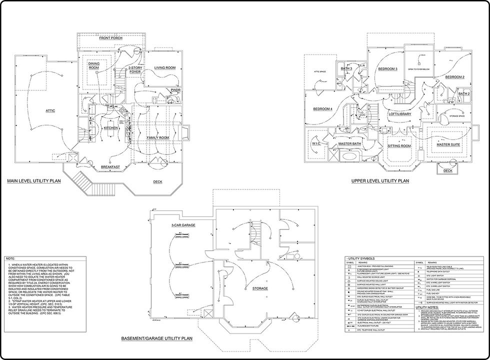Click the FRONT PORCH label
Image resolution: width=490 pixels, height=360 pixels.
coord(111,38)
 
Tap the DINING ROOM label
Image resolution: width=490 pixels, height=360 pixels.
coord(94,66)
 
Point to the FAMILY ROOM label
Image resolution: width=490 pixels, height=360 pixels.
coord(157,137)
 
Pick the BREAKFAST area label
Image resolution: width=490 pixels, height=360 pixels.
coord(109,166)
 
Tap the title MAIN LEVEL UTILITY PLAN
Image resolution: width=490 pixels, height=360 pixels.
coord(33,181)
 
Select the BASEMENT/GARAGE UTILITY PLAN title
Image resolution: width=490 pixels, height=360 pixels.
coord(156,338)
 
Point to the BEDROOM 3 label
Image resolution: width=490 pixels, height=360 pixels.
coord(387,68)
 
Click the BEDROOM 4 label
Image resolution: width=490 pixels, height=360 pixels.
coord(322,109)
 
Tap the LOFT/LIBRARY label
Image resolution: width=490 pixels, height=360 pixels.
coord(400,114)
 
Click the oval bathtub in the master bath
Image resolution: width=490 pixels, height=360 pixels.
coord(348,156)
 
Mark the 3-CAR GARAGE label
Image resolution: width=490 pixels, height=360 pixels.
coord(183,225)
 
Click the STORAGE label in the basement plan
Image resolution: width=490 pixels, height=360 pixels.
coord(260,288)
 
